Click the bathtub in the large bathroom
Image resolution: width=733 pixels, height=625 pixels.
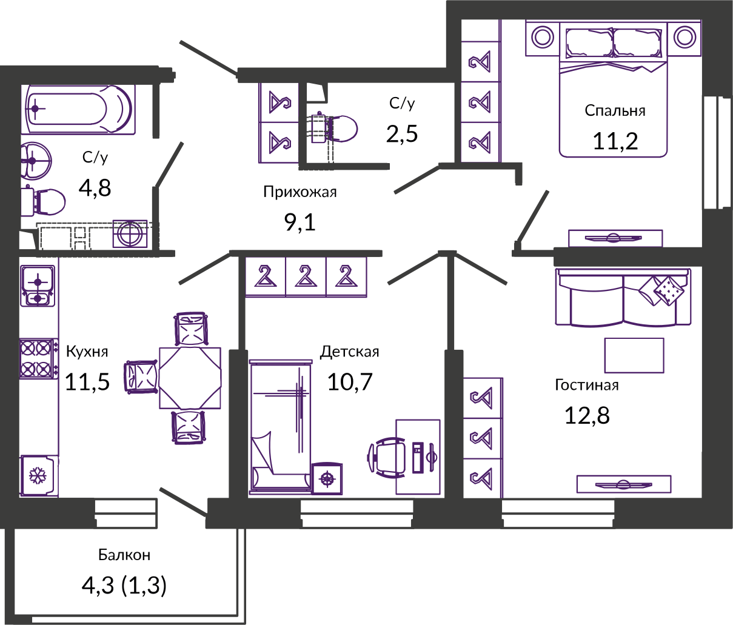pos(78,110)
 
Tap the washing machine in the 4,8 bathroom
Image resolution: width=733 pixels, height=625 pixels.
pos(130,233)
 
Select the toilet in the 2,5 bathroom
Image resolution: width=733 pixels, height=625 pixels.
pos(334,129)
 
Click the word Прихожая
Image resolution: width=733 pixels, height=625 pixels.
pos(300,192)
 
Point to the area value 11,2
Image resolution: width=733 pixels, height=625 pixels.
pos(615,141)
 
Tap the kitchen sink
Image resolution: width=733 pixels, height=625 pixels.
pos(38,286)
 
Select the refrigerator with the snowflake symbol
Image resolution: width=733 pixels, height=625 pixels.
pos(39,476)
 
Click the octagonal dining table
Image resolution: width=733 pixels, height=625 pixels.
pos(190,378)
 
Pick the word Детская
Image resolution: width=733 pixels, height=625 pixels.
pos(350,352)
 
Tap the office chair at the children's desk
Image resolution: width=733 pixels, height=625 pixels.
pos(387,458)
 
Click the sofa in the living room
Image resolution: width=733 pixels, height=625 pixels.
pos(623,298)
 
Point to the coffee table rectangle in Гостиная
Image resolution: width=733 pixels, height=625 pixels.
pos(634,355)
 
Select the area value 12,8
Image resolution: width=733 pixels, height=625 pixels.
pos(587,415)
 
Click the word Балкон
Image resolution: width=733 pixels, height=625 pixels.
pos(124,555)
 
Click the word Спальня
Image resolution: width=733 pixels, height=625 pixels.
pos(615,110)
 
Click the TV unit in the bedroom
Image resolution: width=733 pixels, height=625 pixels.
pos(615,238)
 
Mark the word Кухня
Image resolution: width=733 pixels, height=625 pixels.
pos(87,352)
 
